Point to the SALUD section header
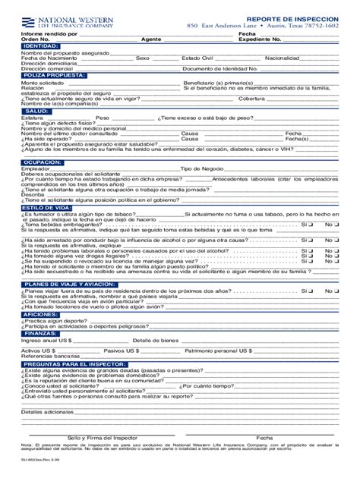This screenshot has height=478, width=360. (36, 110)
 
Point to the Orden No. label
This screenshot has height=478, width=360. (35, 39)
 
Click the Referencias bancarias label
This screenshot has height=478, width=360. (49, 356)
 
